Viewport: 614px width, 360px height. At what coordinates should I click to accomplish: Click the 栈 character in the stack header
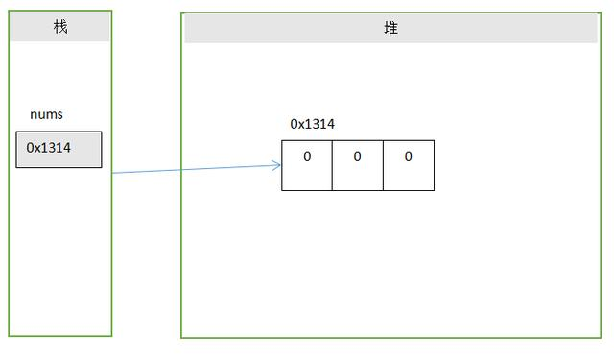pos(60,27)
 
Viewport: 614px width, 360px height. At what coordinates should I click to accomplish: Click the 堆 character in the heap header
pos(390,29)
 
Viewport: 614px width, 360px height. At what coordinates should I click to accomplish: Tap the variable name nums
pos(46,114)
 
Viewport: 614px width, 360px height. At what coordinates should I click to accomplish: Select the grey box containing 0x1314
pos(59,150)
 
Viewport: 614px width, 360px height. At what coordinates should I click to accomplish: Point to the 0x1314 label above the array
pos(312,124)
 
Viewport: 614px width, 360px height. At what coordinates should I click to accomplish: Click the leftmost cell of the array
pos(307,165)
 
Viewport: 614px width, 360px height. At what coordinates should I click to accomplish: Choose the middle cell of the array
pos(358,165)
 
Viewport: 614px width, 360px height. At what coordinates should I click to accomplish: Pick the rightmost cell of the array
pos(409,165)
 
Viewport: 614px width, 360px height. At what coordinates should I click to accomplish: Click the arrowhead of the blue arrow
pos(278,165)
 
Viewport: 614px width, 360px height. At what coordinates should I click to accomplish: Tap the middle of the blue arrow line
pos(197,169)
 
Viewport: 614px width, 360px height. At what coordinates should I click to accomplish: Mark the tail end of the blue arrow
pos(114,173)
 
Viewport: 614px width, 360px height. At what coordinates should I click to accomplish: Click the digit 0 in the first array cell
pos(307,156)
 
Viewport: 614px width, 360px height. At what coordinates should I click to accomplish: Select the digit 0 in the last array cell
pos(408,156)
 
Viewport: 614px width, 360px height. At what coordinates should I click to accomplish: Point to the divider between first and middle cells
pos(332,165)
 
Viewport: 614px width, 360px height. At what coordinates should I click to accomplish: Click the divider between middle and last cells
pos(383,165)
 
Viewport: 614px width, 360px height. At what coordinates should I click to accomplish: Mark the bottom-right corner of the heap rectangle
pos(602,338)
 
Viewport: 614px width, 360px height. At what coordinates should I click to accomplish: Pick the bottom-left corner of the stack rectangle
pos(10,336)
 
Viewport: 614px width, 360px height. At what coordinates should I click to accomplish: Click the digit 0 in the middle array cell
pos(357,156)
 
